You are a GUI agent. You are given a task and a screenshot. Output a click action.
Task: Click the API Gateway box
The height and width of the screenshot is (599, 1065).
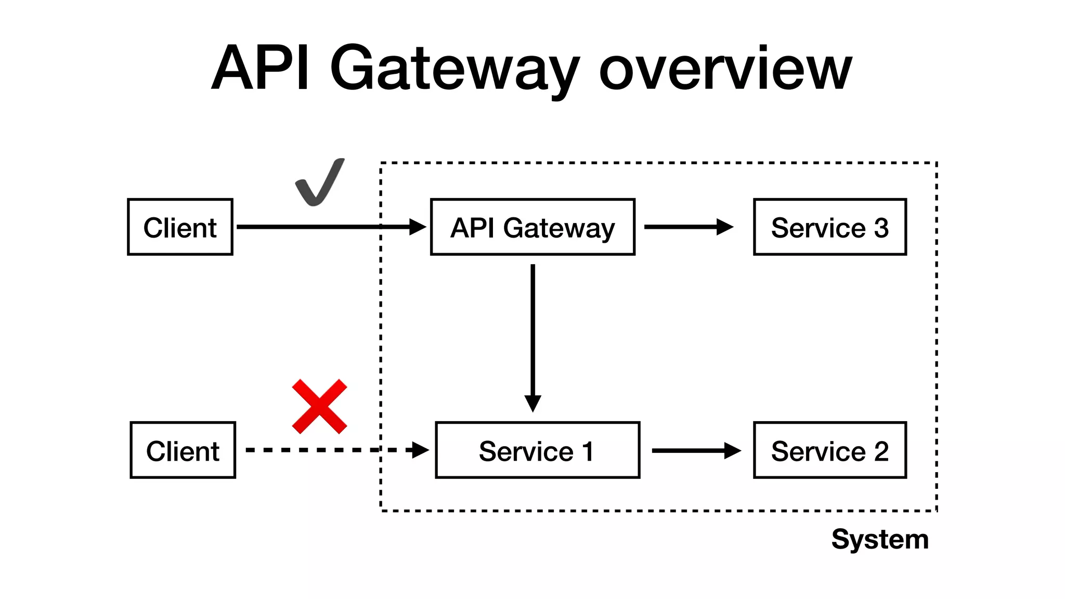(x=532, y=227)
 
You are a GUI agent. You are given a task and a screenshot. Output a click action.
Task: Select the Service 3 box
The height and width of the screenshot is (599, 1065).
(x=829, y=227)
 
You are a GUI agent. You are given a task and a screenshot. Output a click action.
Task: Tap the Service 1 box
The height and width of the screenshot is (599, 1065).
(x=537, y=450)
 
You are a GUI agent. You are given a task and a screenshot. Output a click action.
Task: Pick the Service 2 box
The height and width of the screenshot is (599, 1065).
(x=829, y=450)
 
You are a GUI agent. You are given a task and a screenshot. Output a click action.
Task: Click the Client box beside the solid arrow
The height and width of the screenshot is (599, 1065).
(x=180, y=227)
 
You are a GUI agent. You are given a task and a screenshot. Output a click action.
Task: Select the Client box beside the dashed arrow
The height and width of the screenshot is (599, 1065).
(x=183, y=450)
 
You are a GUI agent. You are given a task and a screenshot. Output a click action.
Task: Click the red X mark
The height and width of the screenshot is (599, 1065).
(x=319, y=407)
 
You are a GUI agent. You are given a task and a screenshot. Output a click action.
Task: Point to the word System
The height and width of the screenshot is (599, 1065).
(x=880, y=539)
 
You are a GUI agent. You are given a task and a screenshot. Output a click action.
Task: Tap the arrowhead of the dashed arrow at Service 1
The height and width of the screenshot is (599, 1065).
(x=420, y=450)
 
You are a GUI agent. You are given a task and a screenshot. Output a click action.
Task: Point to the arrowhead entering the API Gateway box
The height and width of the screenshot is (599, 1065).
(x=418, y=227)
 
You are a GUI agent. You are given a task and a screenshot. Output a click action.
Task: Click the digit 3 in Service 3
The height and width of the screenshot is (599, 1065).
(x=881, y=228)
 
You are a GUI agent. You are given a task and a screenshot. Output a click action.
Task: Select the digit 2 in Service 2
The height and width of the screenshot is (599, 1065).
(x=881, y=451)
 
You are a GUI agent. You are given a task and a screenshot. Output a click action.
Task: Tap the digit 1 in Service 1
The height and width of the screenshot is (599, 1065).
(x=588, y=451)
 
